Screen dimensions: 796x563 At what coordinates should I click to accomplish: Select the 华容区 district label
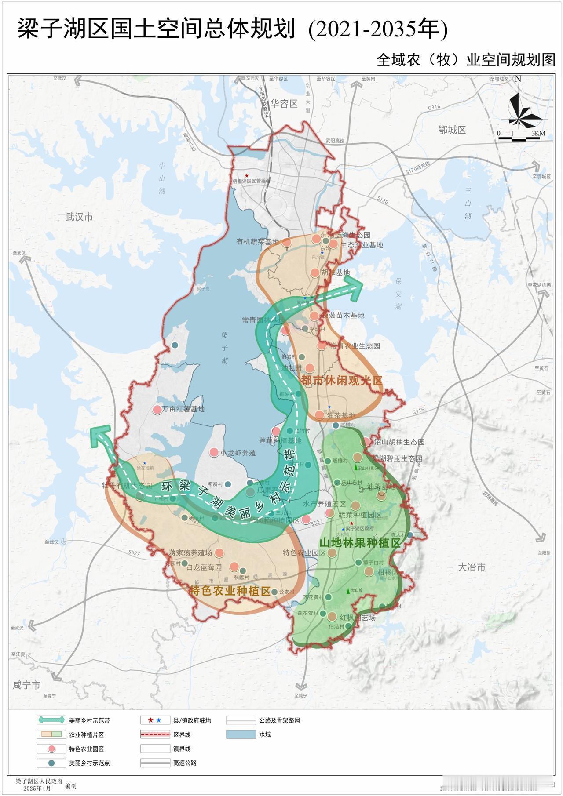pyautogui.click(x=284, y=104)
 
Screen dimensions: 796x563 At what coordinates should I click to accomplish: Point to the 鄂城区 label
pyautogui.click(x=452, y=130)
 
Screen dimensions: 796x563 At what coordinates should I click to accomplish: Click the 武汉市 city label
pyautogui.click(x=79, y=217)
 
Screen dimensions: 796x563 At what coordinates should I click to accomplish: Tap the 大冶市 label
pyautogui.click(x=472, y=567)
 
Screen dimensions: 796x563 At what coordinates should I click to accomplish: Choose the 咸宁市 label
pyautogui.click(x=26, y=685)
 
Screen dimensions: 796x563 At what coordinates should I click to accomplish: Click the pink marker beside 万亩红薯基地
pyautogui.click(x=157, y=410)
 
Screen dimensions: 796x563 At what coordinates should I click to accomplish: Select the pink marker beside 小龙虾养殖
pyautogui.click(x=213, y=452)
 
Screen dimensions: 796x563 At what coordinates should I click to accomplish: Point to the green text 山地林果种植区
pyautogui.click(x=360, y=543)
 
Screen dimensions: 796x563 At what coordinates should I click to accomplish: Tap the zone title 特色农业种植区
pyautogui.click(x=230, y=591)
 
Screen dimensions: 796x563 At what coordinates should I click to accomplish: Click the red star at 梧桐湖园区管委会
pyautogui.click(x=247, y=175)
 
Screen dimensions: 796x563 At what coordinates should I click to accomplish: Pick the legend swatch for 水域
pyautogui.click(x=241, y=734)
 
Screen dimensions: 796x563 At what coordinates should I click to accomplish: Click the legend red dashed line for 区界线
pyautogui.click(x=155, y=734)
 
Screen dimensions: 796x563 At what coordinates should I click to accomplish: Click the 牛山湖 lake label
pyautogui.click(x=162, y=178)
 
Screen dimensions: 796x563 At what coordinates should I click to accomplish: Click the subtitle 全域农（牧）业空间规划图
pyautogui.click(x=466, y=60)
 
